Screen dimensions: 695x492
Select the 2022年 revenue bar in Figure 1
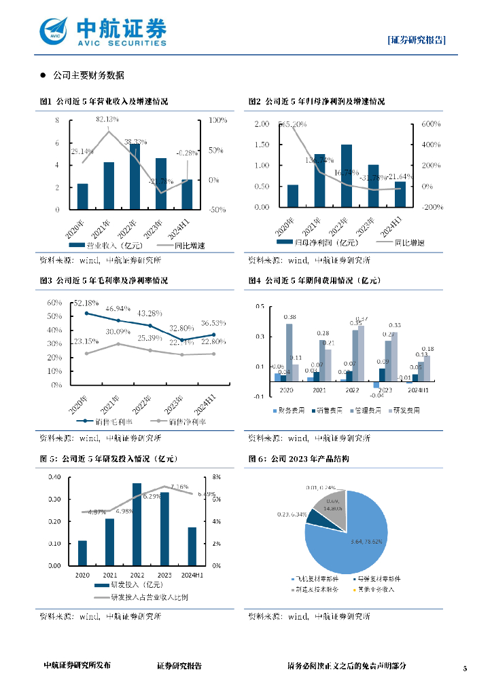pyautogui.click(x=135, y=176)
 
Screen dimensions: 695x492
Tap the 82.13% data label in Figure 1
pyautogui.click(x=107, y=119)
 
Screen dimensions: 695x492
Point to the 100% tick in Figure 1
pyautogui.click(x=217, y=120)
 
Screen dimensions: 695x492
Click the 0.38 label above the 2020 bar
pyautogui.click(x=289, y=317)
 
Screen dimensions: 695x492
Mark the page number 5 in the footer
pyautogui.click(x=465, y=669)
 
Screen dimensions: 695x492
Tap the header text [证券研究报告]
pyautogui.click(x=417, y=39)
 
